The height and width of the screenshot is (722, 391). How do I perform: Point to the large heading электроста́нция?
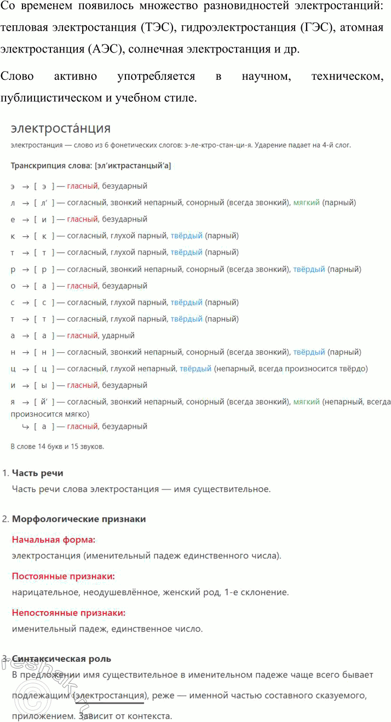(x=61, y=129)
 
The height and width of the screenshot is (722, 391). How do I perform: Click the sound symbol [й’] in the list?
(x=44, y=402)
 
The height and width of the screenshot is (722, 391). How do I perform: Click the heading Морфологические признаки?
(x=79, y=519)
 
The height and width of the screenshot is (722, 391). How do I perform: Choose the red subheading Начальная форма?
(x=54, y=540)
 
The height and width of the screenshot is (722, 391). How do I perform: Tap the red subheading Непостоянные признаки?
(x=68, y=613)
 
